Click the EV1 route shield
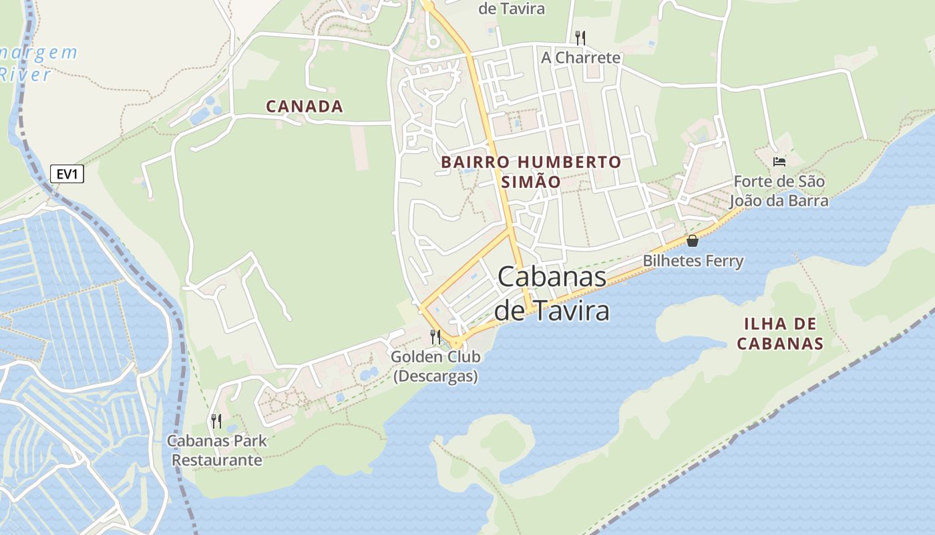coord(67,175)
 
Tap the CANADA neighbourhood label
coord(305,106)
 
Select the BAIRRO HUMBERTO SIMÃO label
coord(531,171)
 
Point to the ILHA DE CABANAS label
coord(779,334)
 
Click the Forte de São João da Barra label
coord(779,191)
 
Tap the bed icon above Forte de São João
coord(779,161)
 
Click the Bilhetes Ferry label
coord(693,261)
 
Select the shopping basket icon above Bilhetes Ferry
coord(693,241)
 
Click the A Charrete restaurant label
coord(580,58)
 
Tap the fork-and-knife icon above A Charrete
coord(580,37)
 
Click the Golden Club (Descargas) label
coord(435,366)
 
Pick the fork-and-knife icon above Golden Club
coord(435,336)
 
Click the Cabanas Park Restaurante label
coord(217,450)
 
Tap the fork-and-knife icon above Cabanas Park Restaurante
coord(216,421)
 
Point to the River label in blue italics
coord(25,74)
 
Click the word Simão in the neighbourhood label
coord(531,181)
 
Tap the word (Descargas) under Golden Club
coord(435,377)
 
